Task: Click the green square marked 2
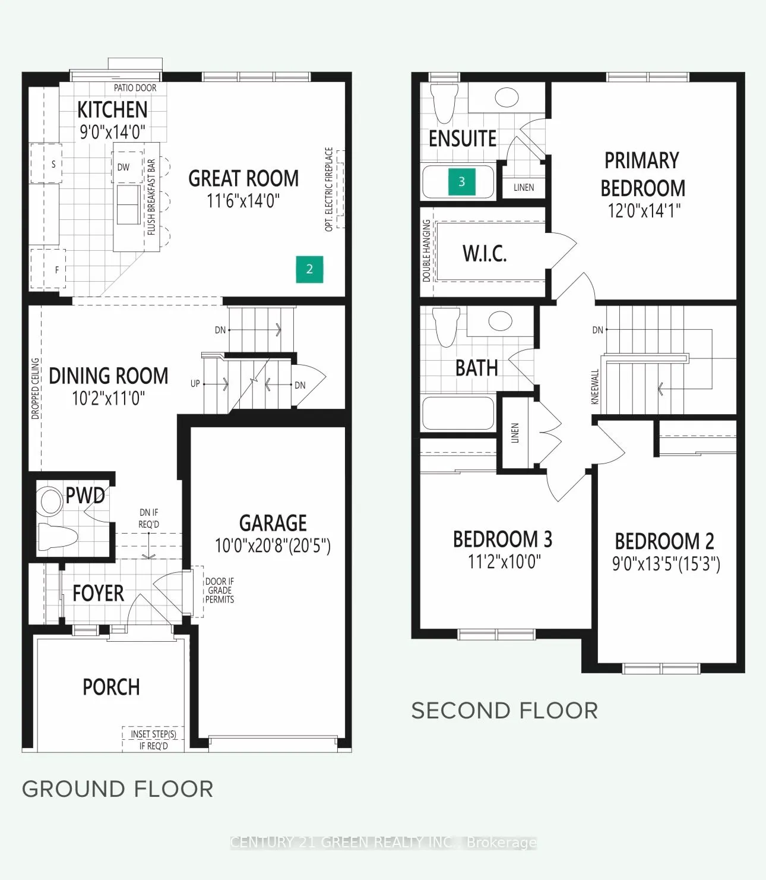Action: (x=309, y=269)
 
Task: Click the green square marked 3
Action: (x=461, y=181)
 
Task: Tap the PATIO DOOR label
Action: (x=135, y=88)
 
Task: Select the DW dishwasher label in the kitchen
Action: (x=124, y=168)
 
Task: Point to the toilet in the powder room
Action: (x=58, y=537)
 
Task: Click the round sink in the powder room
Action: (x=50, y=500)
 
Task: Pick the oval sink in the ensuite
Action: (x=507, y=97)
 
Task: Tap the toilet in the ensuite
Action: (x=445, y=103)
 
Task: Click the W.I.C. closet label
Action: (x=485, y=254)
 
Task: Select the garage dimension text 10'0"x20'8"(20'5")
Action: (x=273, y=546)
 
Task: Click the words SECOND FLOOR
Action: (x=505, y=711)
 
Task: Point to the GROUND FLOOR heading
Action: (x=118, y=789)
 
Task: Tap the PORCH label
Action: (x=111, y=687)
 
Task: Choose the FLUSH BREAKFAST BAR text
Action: (x=151, y=197)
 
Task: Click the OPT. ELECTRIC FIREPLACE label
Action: (x=330, y=189)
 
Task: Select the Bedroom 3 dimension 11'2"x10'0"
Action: (x=504, y=562)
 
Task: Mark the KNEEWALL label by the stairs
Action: (x=595, y=387)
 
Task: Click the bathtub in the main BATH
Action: (x=458, y=413)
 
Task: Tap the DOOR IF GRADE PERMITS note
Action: (x=220, y=590)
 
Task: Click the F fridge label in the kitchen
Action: (x=56, y=270)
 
